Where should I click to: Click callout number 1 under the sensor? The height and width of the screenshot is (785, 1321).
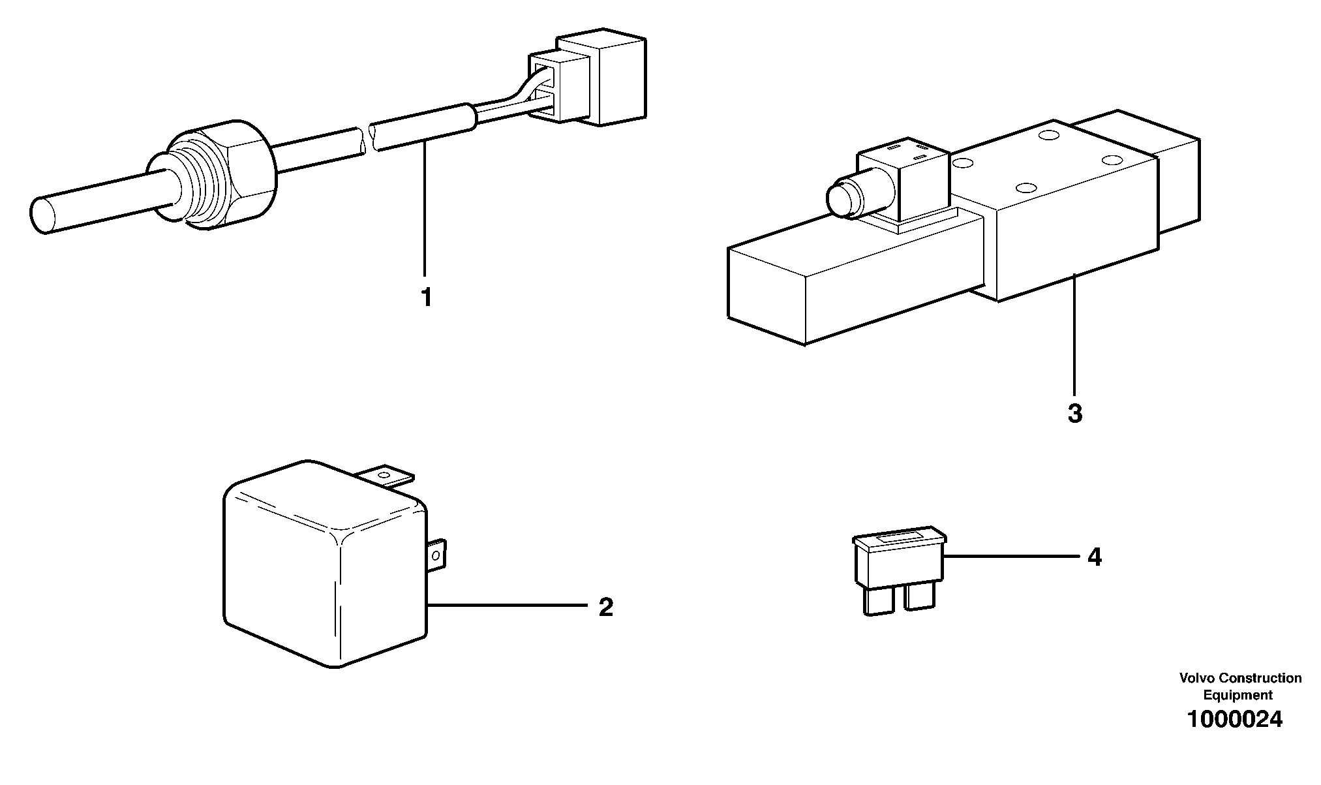[426, 298]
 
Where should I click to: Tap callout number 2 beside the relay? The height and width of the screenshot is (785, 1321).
[606, 608]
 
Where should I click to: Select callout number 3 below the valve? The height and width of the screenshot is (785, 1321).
[1075, 414]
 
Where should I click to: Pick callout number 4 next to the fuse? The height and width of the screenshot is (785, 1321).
[1094, 557]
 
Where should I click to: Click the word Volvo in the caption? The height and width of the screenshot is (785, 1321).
[1196, 679]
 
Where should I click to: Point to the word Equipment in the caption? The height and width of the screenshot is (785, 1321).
[1237, 695]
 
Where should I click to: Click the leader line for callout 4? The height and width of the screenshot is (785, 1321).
[1011, 556]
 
